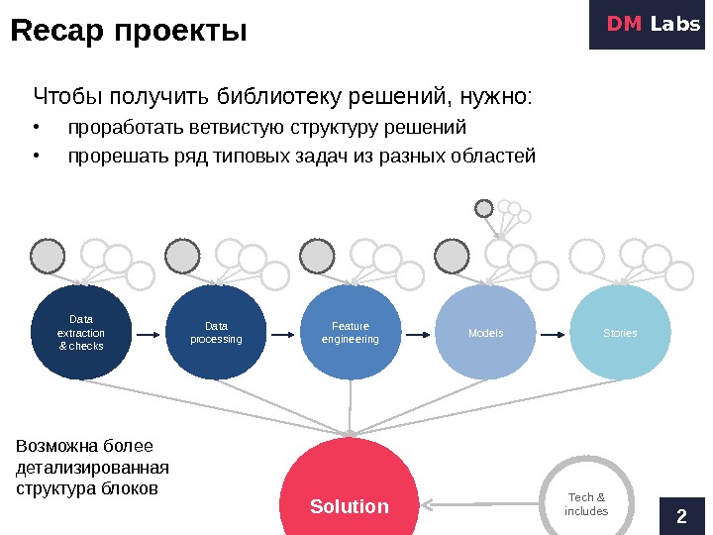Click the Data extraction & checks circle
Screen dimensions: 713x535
[81, 333]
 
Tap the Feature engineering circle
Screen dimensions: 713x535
[351, 333]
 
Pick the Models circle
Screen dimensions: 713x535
[485, 333]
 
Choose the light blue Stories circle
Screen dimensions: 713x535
[621, 333]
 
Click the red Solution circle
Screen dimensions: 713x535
[350, 490]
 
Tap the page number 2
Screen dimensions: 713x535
[680, 514]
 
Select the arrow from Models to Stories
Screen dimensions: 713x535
[553, 334]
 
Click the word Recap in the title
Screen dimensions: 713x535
[57, 33]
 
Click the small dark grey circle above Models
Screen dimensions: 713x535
[484, 208]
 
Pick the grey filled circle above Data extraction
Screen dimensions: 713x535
[48, 257]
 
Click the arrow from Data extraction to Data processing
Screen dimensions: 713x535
[148, 334]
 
